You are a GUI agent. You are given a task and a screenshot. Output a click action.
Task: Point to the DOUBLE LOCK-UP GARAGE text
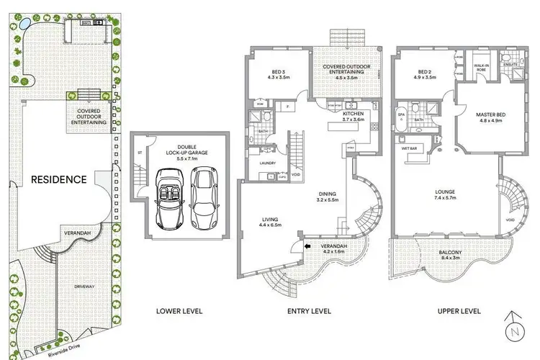(x=179, y=148)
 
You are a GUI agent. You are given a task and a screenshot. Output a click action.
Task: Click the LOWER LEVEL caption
(x=179, y=311)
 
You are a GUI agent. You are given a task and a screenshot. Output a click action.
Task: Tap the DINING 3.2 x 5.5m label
(x=328, y=197)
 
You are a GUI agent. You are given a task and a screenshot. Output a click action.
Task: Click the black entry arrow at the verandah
(x=307, y=247)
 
